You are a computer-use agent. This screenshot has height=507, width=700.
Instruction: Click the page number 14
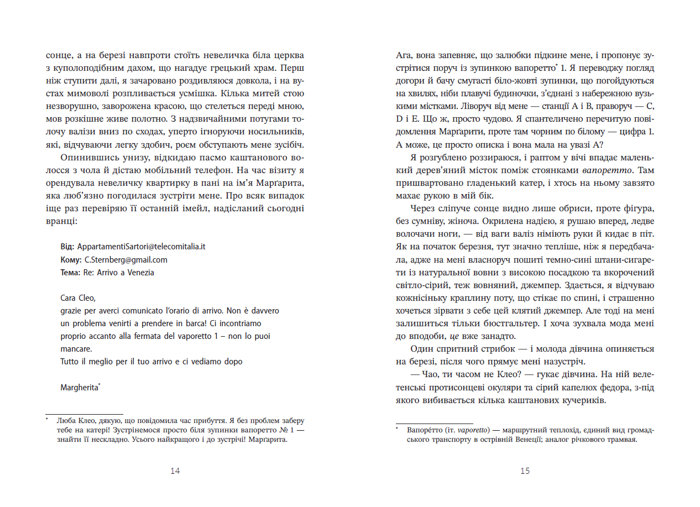175,471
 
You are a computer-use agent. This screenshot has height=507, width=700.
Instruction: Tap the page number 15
525,471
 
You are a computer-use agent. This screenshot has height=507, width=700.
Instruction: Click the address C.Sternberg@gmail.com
126,259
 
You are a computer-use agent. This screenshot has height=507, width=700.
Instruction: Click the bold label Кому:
71,259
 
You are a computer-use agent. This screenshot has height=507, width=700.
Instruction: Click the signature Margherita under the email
80,388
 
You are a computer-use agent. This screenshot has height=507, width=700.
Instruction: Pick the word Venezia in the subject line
142,272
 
